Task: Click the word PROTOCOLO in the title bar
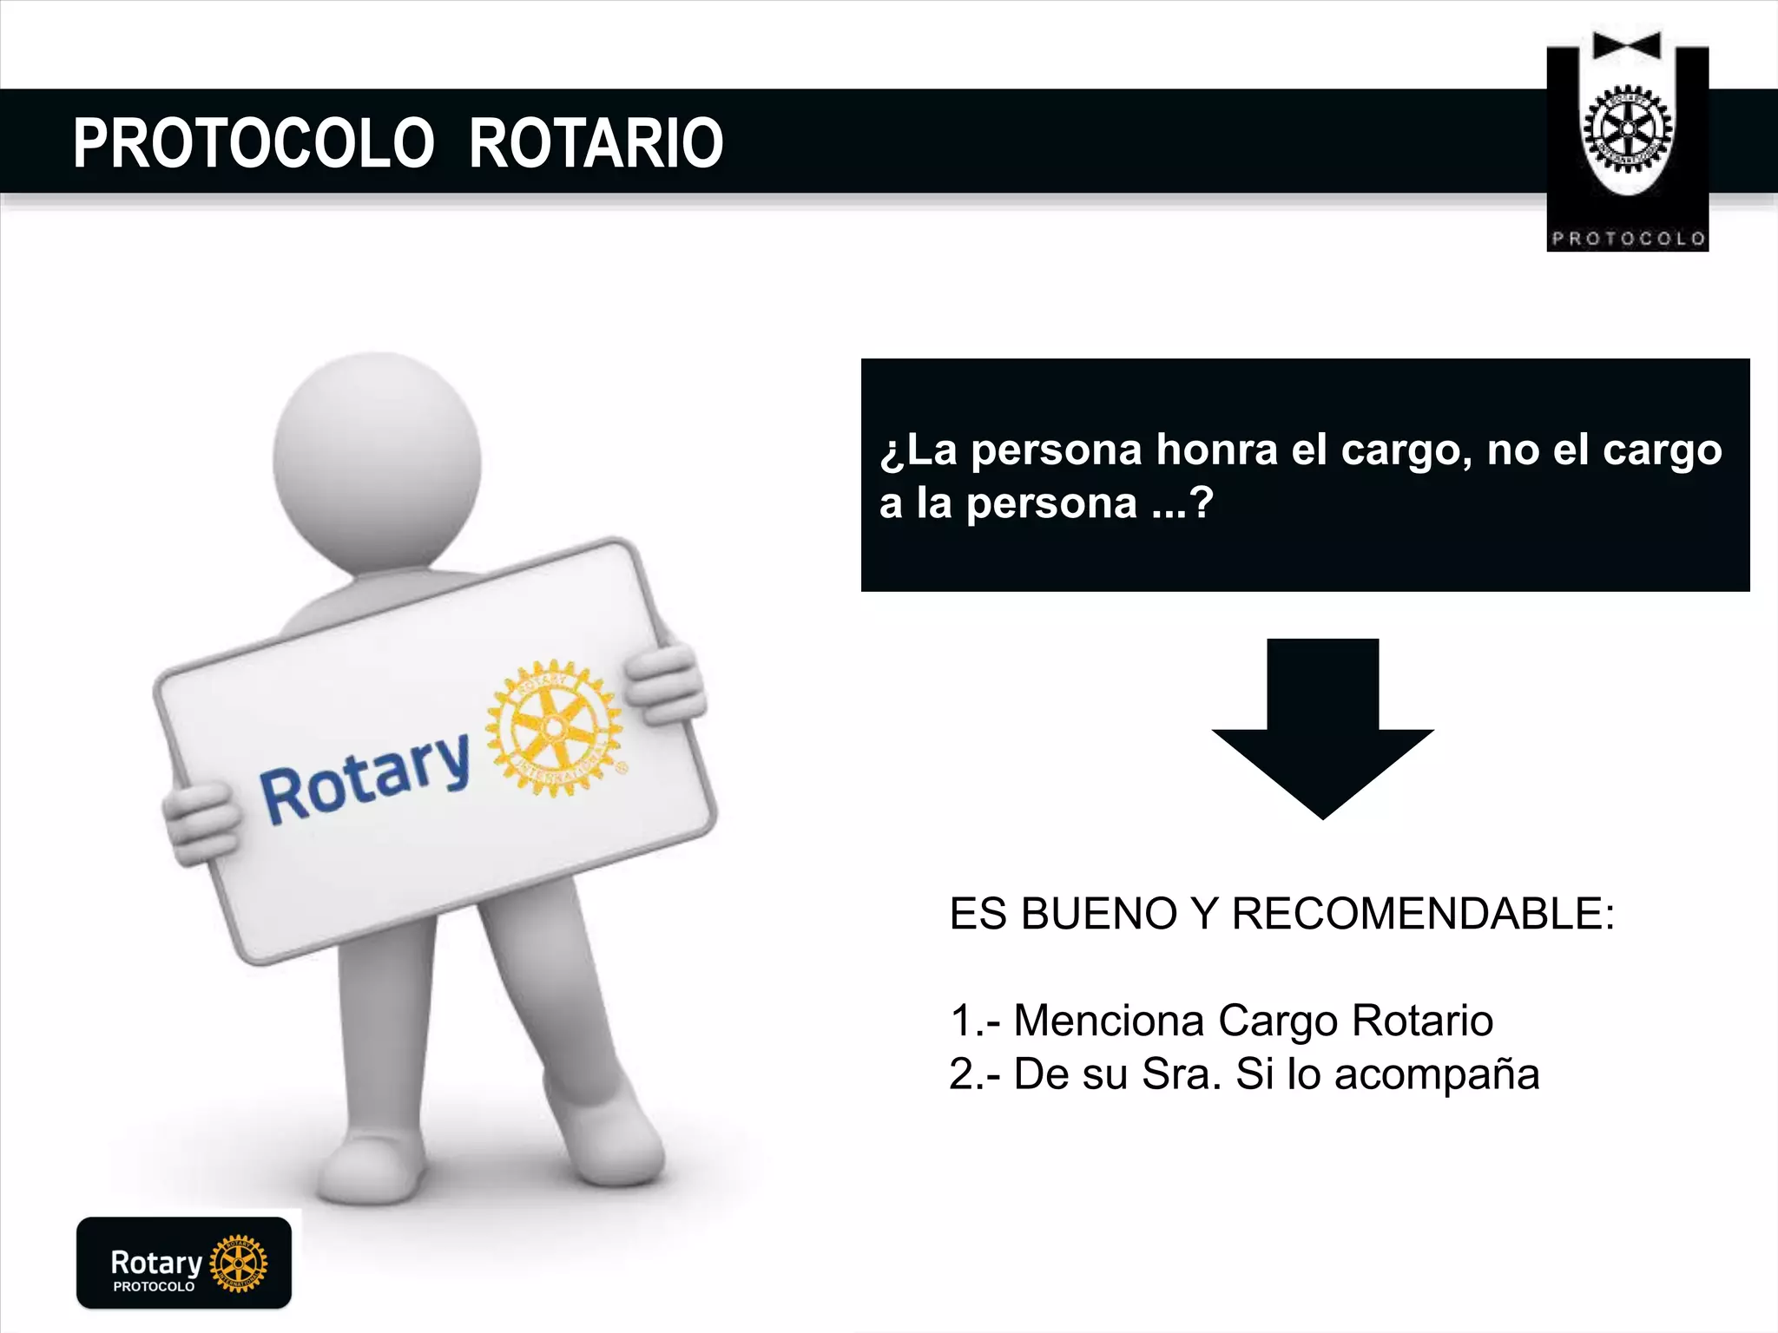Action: tap(254, 143)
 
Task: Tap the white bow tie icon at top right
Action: tap(1627, 45)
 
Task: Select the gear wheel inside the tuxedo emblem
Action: tap(1628, 130)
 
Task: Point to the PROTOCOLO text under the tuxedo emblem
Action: tap(1628, 239)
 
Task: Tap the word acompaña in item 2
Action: tap(1437, 1074)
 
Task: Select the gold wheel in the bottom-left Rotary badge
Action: tap(239, 1263)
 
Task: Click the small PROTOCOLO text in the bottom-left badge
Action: tap(154, 1286)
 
